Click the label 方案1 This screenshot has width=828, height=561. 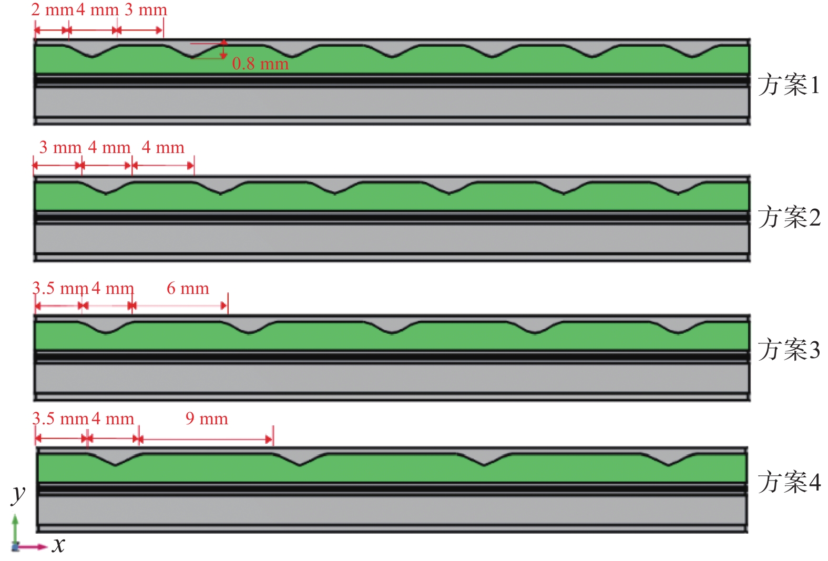coord(788,85)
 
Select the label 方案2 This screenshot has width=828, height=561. coord(789,217)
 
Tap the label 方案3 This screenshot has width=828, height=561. coord(789,350)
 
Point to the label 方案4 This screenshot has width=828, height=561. coord(789,482)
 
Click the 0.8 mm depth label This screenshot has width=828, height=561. coord(260,64)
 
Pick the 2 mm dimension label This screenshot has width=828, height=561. coord(52,9)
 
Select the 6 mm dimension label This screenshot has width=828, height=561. coord(188,288)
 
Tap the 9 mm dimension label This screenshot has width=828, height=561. coord(207,419)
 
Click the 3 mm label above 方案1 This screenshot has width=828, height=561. coord(146,9)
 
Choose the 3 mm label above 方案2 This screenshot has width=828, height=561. coord(60,147)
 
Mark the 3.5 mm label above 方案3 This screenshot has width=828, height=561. coord(60,288)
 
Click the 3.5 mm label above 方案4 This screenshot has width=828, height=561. coord(60,419)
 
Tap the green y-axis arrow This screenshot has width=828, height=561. coord(15,528)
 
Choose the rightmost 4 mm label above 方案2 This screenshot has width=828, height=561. coord(163,147)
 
